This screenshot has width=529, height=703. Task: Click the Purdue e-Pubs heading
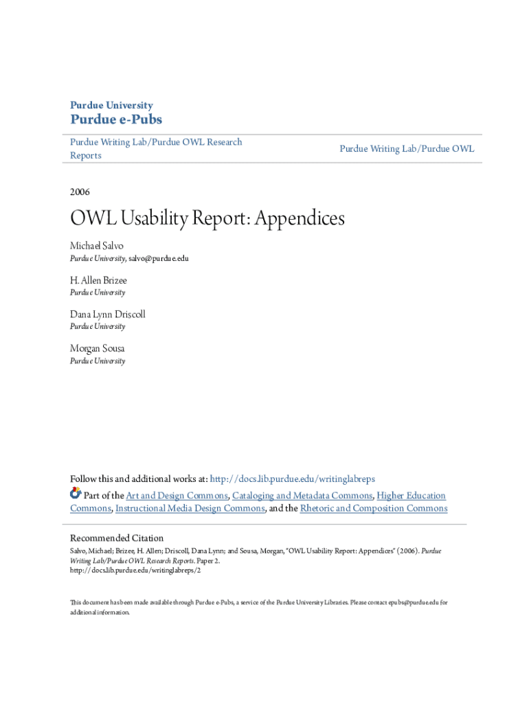click(116, 120)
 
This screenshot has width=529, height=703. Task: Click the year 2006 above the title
click(80, 192)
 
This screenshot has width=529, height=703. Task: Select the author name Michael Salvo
click(97, 246)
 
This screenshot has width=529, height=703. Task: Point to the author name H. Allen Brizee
click(98, 280)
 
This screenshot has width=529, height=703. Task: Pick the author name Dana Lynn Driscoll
click(108, 314)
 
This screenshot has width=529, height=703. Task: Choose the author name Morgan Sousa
click(98, 349)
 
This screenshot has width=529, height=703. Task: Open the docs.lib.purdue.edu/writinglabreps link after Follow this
click(292, 479)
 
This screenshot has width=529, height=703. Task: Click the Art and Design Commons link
click(177, 496)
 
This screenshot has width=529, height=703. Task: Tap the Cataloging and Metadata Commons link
click(302, 496)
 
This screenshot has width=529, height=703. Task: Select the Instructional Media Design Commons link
click(190, 509)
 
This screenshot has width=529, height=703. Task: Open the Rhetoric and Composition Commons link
click(374, 509)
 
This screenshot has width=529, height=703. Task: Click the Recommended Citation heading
click(117, 538)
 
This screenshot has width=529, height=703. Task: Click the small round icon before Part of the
click(76, 494)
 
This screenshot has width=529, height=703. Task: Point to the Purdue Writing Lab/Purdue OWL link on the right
click(407, 149)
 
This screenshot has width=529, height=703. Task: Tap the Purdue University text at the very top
click(111, 105)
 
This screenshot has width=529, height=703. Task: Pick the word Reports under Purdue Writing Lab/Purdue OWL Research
click(86, 156)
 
